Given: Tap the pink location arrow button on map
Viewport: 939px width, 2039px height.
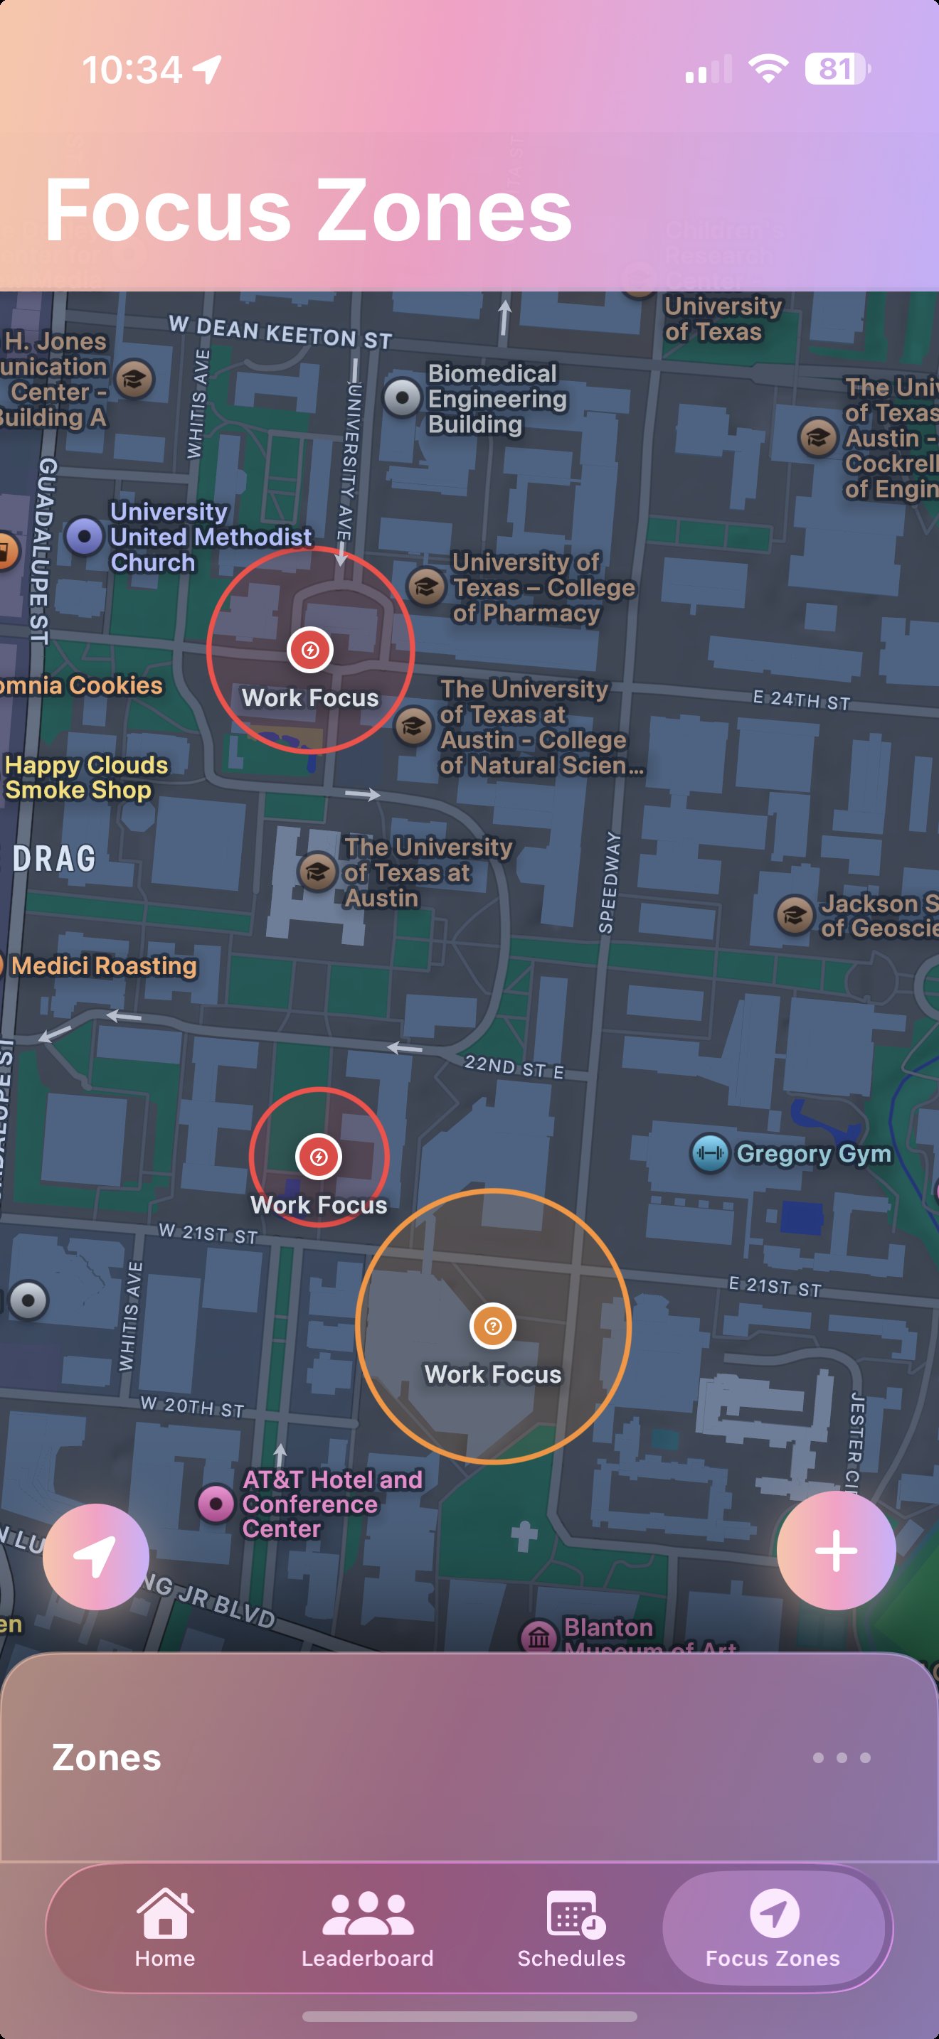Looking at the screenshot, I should point(96,1556).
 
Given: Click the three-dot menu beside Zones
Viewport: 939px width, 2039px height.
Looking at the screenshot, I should point(841,1758).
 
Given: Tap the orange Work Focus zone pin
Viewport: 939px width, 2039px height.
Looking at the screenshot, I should point(492,1326).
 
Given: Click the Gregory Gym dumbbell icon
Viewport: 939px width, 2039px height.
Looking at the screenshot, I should point(709,1153).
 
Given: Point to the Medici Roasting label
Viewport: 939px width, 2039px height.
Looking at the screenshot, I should point(104,965).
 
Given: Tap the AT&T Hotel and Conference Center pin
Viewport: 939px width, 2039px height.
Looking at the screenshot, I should point(216,1502).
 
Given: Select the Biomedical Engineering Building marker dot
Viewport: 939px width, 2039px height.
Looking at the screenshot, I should point(402,397).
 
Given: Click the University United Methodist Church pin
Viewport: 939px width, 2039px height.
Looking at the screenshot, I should point(85,536).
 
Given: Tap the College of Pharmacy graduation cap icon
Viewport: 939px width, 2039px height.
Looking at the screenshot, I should point(426,587).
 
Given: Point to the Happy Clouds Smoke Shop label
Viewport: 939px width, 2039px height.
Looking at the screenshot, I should point(85,777).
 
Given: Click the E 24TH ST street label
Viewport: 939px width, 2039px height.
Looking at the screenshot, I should point(801,700).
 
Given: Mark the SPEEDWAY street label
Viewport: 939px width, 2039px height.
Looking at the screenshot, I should point(608,882).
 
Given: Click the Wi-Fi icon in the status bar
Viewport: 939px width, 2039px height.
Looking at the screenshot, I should point(768,70).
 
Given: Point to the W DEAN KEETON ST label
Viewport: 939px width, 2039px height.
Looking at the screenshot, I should point(280,333).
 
